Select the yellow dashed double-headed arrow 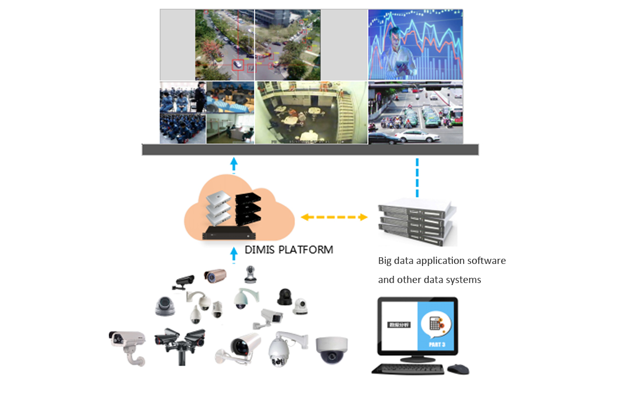point(334,217)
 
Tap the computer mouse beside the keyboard point(458,369)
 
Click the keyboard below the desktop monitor point(408,369)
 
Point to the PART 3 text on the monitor point(436,344)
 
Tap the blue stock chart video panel point(415,45)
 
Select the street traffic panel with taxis point(415,112)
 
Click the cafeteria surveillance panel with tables point(311,112)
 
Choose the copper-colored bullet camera point(215,275)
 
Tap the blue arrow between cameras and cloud point(234,253)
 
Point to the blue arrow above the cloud point(234,164)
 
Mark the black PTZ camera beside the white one point(284,297)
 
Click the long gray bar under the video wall point(310,150)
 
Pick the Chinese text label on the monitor point(399,326)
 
